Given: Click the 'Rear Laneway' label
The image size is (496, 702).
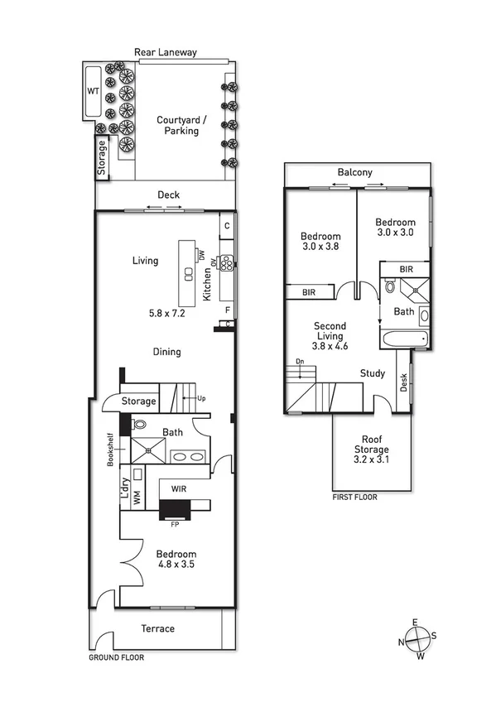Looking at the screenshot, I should (166, 52).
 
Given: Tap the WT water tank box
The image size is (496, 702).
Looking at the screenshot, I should (93, 91).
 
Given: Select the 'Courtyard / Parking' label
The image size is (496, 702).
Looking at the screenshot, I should (181, 125).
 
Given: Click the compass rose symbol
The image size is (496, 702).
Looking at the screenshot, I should (418, 639).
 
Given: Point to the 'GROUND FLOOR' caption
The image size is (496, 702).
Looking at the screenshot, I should (116, 657).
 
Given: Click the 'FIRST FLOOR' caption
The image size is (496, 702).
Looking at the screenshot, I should (354, 498).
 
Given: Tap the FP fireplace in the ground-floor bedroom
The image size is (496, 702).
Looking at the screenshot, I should (175, 514).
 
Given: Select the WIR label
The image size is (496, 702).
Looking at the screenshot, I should (179, 489).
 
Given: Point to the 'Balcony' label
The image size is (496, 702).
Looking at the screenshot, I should (354, 173).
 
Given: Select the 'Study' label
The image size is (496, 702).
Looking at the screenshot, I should (373, 373).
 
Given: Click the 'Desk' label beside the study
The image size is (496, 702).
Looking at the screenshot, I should (404, 383).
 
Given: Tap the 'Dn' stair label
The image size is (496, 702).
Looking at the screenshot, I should (299, 363).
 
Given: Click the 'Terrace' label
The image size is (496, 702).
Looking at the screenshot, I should (157, 628).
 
